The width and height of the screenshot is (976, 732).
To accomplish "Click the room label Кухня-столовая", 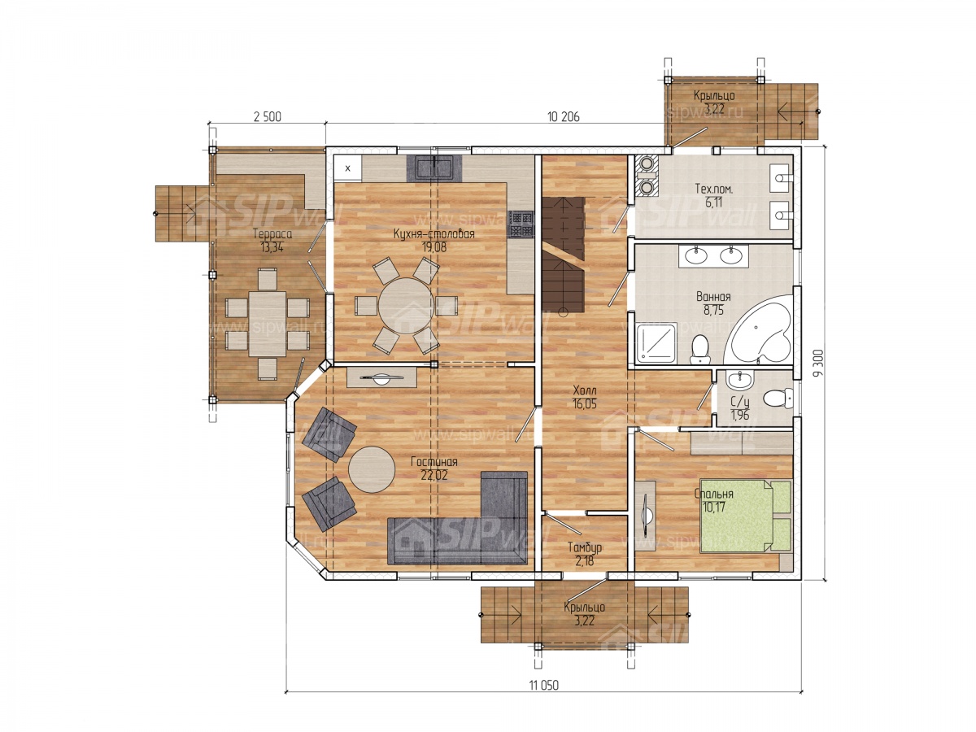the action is pyautogui.click(x=433, y=233).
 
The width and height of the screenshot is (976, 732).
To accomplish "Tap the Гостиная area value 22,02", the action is pyautogui.click(x=433, y=475).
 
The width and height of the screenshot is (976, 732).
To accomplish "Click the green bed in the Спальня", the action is pyautogui.click(x=746, y=516).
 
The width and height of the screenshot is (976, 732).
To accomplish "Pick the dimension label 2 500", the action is pyautogui.click(x=268, y=117).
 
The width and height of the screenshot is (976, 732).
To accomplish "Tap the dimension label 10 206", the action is pyautogui.click(x=563, y=117).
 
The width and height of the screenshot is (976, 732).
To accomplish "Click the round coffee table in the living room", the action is pyautogui.click(x=371, y=469).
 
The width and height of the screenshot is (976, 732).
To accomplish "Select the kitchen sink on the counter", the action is pyautogui.click(x=434, y=168).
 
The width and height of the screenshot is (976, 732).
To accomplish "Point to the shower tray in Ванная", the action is pyautogui.click(x=656, y=342).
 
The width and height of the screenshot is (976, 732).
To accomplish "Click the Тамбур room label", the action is pyautogui.click(x=585, y=547).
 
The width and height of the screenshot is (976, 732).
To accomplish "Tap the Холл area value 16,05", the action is pyautogui.click(x=584, y=404).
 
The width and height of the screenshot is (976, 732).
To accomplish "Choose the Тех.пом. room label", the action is pyautogui.click(x=713, y=189).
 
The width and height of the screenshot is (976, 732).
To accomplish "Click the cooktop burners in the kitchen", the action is pyautogui.click(x=521, y=224).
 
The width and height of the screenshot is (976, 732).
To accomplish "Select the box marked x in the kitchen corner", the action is pyautogui.click(x=348, y=168).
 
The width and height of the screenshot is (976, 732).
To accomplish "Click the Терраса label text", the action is pyautogui.click(x=272, y=233).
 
